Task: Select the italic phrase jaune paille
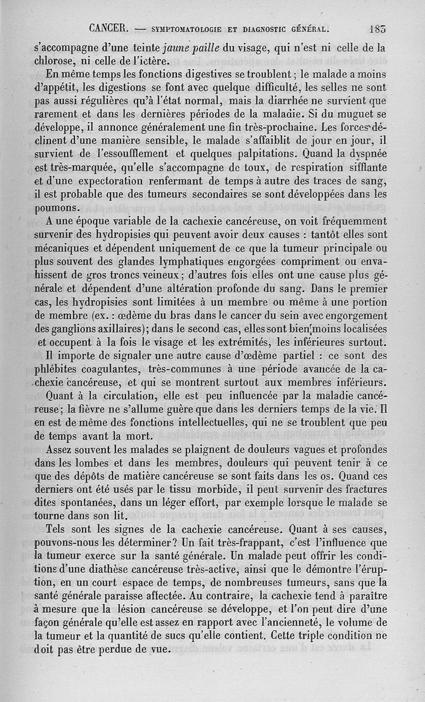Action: point(189,47)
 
